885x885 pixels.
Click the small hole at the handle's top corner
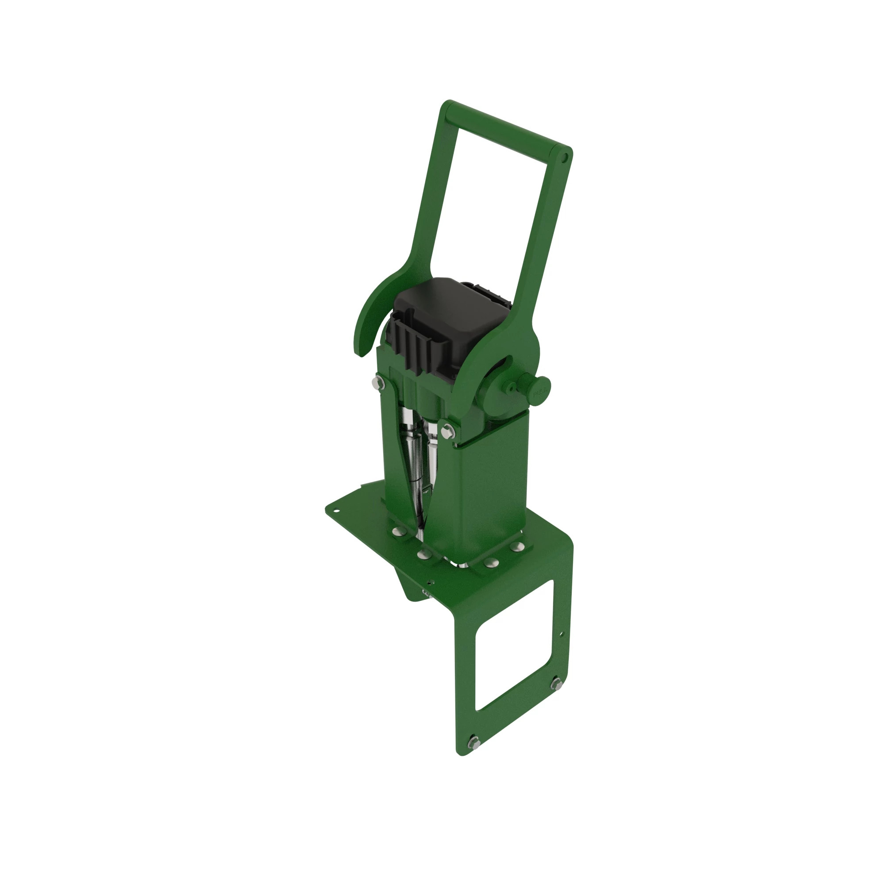(x=565, y=158)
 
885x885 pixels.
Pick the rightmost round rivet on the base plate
(x=518, y=546)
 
